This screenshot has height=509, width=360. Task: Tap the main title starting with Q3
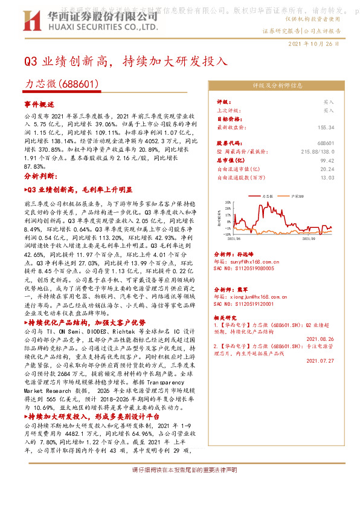point(125,61)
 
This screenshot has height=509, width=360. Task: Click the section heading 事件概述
point(39,104)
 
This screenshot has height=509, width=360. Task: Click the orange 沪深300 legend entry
point(297,196)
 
